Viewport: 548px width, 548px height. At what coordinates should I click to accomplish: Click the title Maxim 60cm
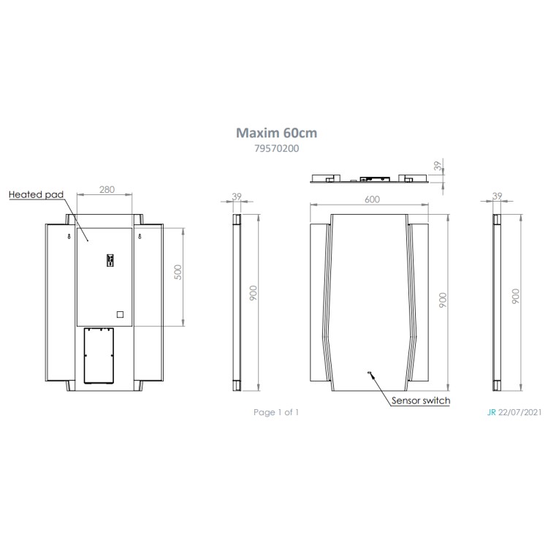pos(276,133)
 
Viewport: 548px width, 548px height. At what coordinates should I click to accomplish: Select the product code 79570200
pos(276,148)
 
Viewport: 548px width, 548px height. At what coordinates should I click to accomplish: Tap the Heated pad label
pos(37,195)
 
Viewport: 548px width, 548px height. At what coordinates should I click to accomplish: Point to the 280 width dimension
pos(106,190)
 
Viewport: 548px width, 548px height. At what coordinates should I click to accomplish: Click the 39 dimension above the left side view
pos(236,196)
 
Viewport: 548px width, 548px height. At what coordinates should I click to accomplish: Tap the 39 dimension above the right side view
pos(498,196)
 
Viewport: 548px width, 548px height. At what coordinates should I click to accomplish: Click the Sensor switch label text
pos(421,400)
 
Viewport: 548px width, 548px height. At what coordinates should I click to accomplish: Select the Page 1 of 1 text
pos(276,413)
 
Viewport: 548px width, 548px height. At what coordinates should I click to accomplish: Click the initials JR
pos(490,413)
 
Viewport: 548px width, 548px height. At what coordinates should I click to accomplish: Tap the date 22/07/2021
pos(520,413)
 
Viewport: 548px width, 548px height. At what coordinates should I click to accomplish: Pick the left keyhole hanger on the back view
pos(68,237)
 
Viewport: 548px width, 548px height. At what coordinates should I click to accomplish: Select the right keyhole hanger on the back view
pos(138,237)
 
